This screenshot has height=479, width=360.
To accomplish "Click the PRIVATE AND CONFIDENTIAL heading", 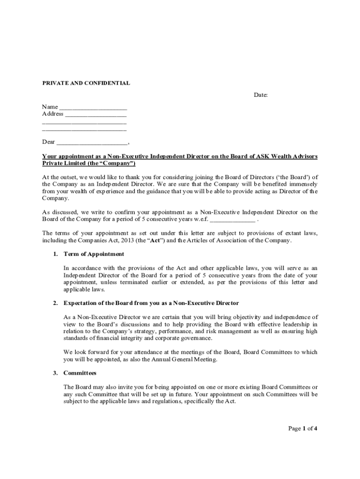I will tap(86, 83).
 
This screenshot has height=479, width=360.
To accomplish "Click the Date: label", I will tap(261, 95).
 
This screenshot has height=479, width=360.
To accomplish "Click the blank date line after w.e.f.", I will tap(232, 220).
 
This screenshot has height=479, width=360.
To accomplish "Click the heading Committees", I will tap(79, 373).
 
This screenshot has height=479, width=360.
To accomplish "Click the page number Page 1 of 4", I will tap(303, 428).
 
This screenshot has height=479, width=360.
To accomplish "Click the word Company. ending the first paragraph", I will tap(55, 198).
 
